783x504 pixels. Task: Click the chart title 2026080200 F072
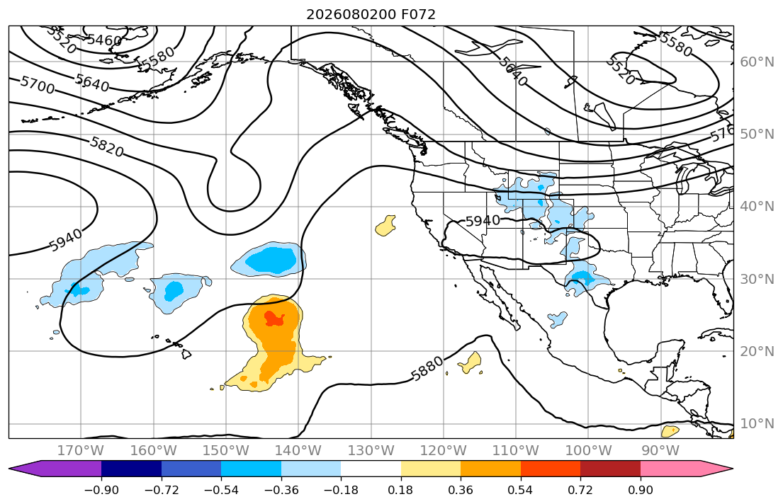coord(371,14)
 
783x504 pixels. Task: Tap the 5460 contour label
coord(104,40)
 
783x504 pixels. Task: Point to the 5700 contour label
coord(38,86)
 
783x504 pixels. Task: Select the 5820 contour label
coord(106,147)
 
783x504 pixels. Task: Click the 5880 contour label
coord(427,368)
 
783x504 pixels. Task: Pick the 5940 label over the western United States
coord(483,221)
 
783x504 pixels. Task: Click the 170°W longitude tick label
coord(81,451)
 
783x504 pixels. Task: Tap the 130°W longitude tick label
coord(371,451)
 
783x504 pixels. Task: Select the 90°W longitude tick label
coord(660,451)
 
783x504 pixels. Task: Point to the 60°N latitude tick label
coord(757,62)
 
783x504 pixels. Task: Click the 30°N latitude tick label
coord(757,279)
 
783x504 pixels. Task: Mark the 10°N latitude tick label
coord(757,424)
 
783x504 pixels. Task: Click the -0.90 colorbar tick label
coord(101,490)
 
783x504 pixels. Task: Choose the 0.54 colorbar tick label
coord(520,490)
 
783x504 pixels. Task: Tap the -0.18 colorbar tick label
coord(341,490)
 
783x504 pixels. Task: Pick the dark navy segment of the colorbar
coord(131,469)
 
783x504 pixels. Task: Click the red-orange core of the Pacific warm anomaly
coord(274,318)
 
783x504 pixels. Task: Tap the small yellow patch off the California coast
coord(385,226)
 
